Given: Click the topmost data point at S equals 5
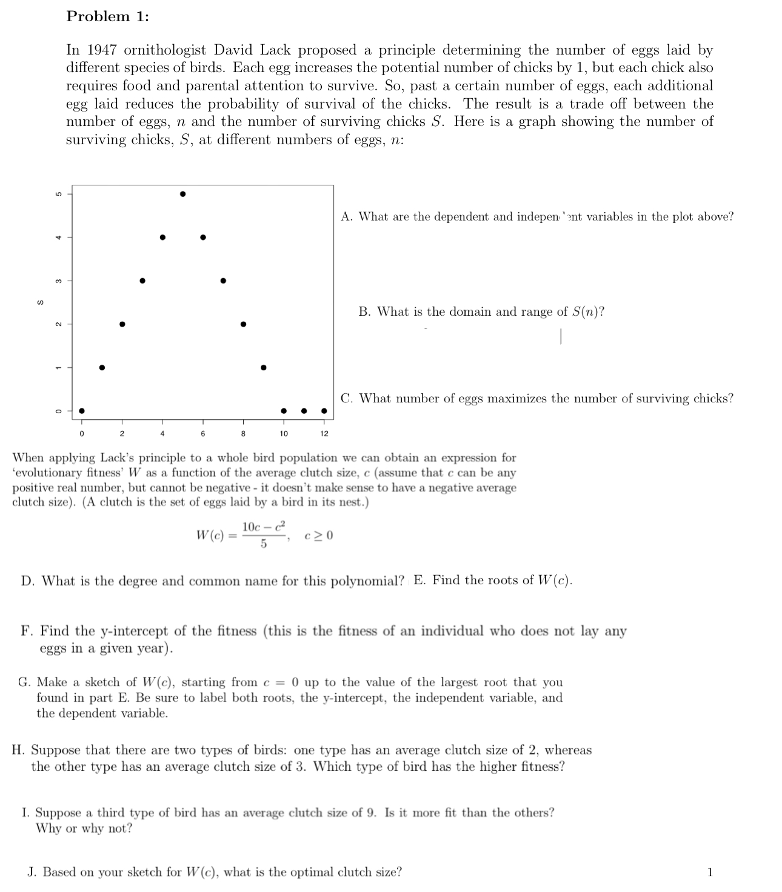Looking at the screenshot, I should [x=182, y=194].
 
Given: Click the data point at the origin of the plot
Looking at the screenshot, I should [x=82, y=411].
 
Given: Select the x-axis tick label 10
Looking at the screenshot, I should [x=284, y=434].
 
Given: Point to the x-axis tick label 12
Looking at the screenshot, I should [x=324, y=434].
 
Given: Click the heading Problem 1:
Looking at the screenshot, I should [x=108, y=16].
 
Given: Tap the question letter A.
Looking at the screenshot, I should [x=346, y=216].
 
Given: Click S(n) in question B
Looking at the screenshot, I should [x=587, y=311].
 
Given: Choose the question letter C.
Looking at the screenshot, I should [x=346, y=398].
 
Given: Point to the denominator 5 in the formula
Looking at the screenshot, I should [x=263, y=544].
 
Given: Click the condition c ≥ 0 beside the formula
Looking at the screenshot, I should [x=319, y=536].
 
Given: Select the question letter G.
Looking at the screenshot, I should [x=24, y=682].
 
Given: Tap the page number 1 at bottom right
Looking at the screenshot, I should [x=710, y=873].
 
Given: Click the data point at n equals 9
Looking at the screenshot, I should [x=263, y=367].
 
